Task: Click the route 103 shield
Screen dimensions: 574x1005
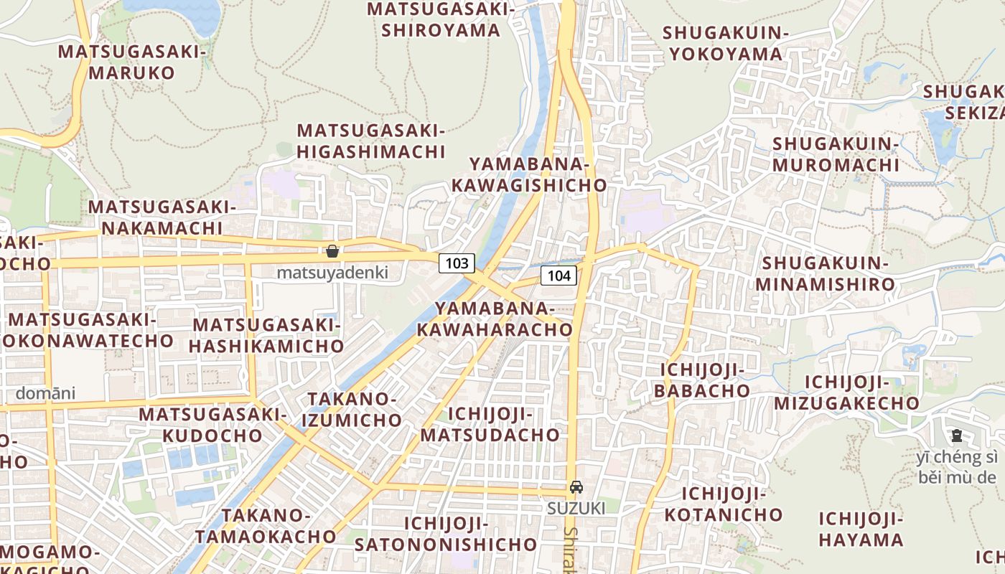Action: coord(457,263)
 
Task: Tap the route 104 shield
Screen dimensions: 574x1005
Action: coord(558,275)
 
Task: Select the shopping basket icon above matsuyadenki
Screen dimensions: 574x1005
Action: coord(332,251)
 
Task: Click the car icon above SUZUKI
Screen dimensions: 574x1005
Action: coord(576,487)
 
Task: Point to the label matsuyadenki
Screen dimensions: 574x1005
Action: coord(332,273)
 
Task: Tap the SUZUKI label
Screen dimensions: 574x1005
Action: coord(576,508)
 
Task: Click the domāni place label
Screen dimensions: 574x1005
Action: coord(45,393)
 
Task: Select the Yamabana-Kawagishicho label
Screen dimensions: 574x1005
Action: coord(530,174)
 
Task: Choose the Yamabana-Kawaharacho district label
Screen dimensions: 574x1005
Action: coord(495,319)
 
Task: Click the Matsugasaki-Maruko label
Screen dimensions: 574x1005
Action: coord(132,62)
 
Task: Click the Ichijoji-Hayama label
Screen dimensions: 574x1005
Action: coord(860,529)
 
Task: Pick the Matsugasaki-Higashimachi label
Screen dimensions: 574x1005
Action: coord(371,141)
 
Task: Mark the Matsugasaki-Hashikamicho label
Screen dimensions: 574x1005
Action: coord(268,335)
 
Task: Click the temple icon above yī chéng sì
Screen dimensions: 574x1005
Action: coord(956,435)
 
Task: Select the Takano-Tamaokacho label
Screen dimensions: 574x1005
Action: coord(265,525)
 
